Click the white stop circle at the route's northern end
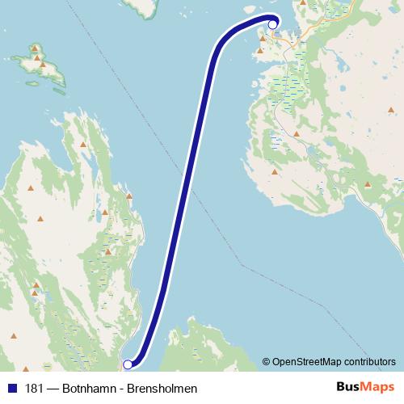(x=272, y=24)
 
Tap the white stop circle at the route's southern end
(x=127, y=364)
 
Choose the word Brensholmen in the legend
(x=164, y=389)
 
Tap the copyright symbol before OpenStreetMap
(x=267, y=361)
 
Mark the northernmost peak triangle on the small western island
(x=36, y=49)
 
